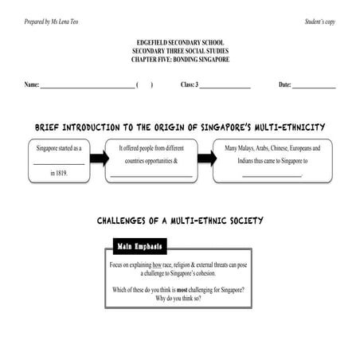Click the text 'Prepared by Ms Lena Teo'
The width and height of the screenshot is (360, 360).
tap(52, 21)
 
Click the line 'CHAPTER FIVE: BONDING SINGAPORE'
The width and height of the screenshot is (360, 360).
tap(179, 58)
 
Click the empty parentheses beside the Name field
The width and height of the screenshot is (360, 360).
tap(144, 84)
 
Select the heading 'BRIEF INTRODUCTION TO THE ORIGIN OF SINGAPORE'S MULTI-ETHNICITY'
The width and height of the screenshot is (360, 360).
tap(180, 127)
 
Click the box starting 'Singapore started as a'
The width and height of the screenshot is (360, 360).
tap(59, 160)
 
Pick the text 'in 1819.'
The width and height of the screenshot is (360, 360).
tap(59, 172)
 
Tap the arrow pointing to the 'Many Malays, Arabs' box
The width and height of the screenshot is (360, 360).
tap(206, 158)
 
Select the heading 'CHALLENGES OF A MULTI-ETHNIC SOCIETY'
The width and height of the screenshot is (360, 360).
tap(180, 220)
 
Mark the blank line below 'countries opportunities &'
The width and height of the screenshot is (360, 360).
tap(152, 174)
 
